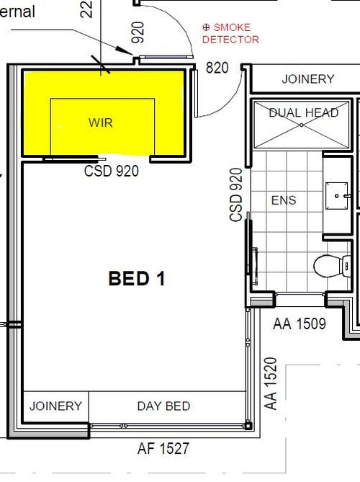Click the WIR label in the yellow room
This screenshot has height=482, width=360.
(100, 122)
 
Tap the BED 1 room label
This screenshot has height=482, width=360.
(137, 278)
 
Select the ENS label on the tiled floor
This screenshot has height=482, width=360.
(283, 200)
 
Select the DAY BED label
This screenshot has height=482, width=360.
(163, 406)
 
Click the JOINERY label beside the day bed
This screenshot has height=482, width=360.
(55, 406)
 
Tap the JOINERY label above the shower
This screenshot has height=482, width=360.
(307, 79)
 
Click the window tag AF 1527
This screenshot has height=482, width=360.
(163, 449)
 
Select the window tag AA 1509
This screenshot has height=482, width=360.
(300, 324)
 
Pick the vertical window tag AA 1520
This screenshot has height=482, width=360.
(271, 383)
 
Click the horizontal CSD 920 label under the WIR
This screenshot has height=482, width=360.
(112, 171)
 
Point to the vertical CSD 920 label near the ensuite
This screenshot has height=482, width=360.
(235, 195)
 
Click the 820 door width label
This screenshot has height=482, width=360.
(217, 68)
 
